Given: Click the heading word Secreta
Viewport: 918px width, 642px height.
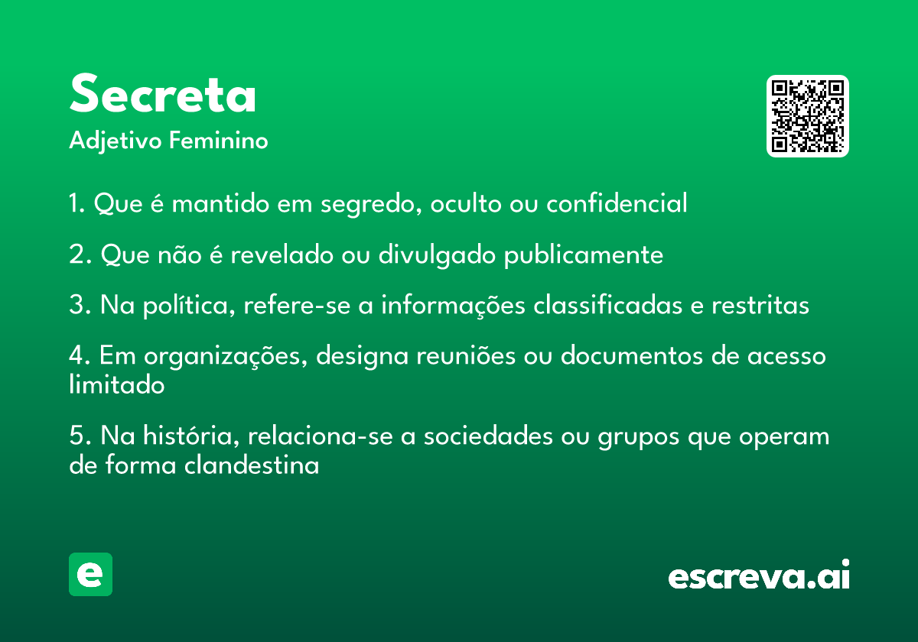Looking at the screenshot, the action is click(x=163, y=93).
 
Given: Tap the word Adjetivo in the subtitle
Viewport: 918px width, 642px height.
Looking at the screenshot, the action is click(x=116, y=141).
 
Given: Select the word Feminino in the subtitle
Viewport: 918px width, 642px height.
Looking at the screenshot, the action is click(x=219, y=140).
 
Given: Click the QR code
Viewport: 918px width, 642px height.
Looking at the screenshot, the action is click(x=808, y=116).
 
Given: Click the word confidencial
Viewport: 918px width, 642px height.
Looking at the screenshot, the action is click(x=617, y=203).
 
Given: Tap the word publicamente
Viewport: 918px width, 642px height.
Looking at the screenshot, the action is click(x=584, y=255).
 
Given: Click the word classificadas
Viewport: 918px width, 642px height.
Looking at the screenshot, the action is click(x=607, y=305).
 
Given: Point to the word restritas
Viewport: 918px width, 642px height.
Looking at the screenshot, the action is click(x=760, y=305).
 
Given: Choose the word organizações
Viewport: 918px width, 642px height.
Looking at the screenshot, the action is click(x=226, y=356).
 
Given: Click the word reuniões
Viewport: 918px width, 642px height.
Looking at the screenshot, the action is click(x=466, y=355).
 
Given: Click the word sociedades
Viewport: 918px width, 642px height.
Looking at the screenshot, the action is click(x=488, y=436).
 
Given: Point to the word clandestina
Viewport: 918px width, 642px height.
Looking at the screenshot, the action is click(x=252, y=465).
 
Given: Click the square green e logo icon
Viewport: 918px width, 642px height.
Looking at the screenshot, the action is click(x=90, y=574).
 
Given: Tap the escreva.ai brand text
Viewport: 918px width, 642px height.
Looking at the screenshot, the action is click(x=759, y=575).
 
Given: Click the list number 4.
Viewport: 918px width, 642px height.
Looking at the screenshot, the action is click(x=76, y=355).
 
